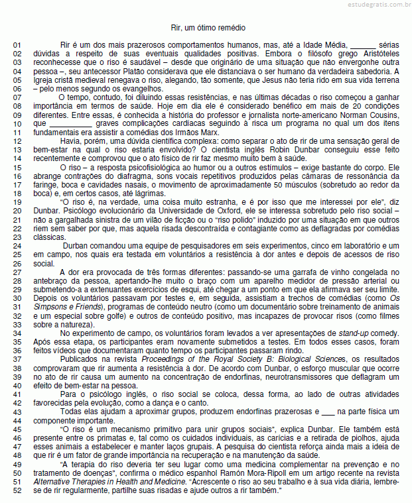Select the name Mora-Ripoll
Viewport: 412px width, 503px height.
(x=267, y=473)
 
